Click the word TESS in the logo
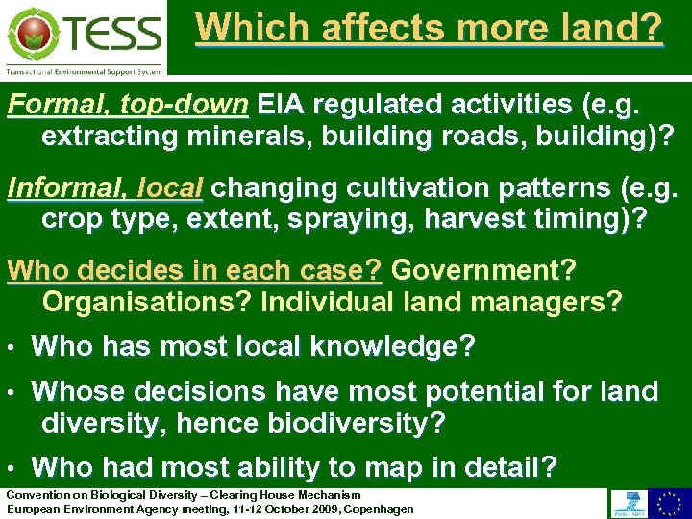(x=112, y=34)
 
